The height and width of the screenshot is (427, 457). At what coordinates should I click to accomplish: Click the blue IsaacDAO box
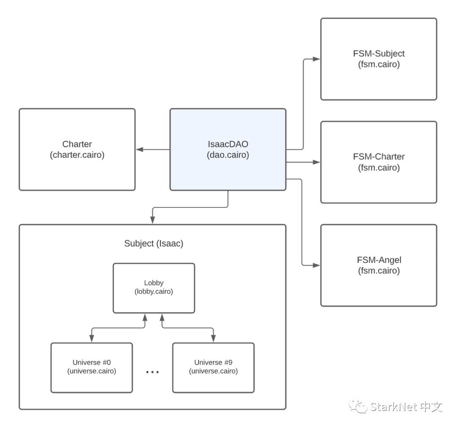coord(228,150)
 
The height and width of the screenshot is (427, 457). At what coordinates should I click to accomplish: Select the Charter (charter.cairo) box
coord(77,150)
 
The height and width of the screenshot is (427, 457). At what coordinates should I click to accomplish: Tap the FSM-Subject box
coord(378,59)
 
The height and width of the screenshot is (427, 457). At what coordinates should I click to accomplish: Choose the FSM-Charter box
coord(378,162)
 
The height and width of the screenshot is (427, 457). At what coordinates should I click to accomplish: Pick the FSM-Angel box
coord(378,265)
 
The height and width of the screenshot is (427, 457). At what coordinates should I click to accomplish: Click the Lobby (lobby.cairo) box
coord(154,288)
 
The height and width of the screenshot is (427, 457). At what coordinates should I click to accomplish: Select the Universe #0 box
coord(91,367)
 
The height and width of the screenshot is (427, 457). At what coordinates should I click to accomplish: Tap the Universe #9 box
coord(213,367)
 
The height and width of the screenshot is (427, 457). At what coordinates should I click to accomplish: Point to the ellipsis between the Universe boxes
coord(152,372)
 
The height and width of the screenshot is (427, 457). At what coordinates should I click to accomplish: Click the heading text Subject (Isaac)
coord(154,244)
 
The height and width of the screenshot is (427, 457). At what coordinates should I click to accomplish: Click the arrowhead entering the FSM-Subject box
coord(317,59)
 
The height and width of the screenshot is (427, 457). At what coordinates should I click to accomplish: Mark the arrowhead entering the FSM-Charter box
coord(317,162)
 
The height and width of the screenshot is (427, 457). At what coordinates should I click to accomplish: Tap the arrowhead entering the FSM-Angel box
coord(317,265)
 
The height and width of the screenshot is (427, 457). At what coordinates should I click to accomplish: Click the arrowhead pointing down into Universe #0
coord(91,339)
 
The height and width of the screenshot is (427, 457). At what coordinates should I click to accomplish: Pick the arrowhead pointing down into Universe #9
coord(213,339)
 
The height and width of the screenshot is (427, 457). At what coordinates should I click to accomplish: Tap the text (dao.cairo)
coord(228,155)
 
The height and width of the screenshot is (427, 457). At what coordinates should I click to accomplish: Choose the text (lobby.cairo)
coord(154,291)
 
